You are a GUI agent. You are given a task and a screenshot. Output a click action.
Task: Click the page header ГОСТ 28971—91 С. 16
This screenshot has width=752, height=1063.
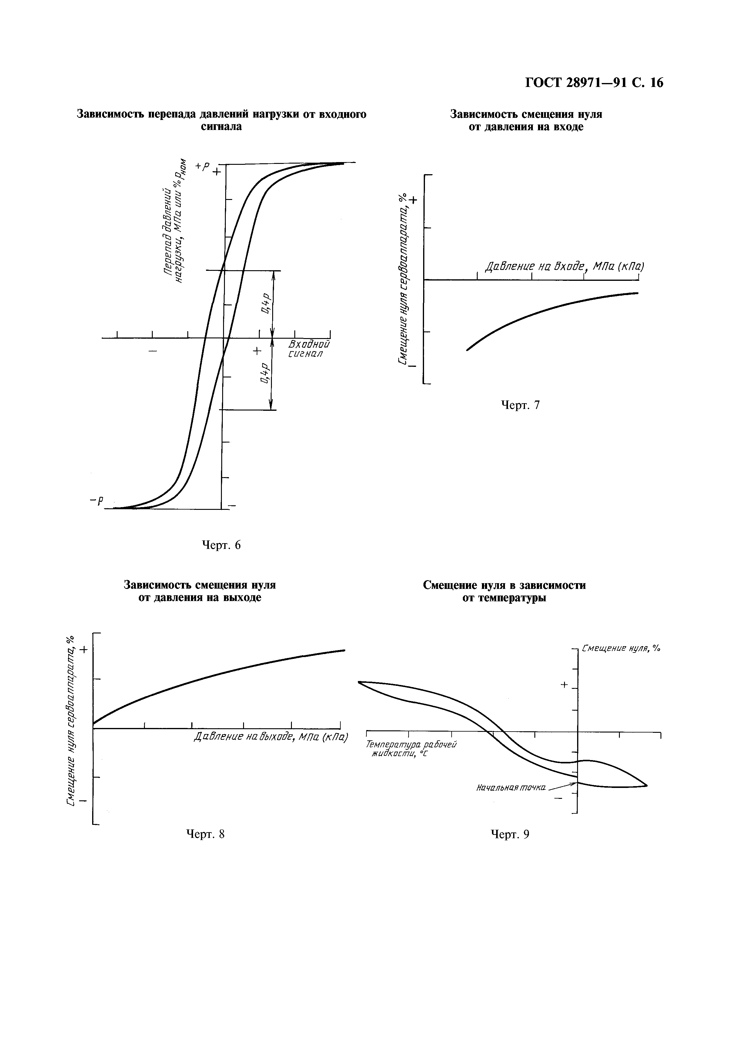594,83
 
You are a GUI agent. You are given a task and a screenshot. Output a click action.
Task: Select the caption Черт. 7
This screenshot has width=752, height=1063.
520,405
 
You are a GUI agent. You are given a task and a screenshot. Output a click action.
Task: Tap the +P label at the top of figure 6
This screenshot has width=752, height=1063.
202,166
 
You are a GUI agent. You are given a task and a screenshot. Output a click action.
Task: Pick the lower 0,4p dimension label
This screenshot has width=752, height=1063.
265,373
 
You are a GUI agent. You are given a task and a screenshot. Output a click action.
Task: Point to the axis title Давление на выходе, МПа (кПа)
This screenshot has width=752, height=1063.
271,737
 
